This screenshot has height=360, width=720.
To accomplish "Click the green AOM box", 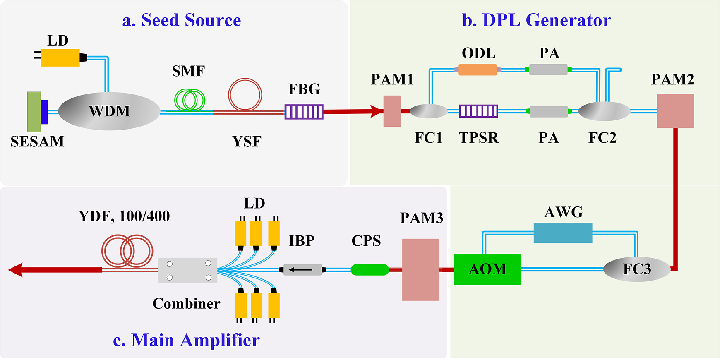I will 487,269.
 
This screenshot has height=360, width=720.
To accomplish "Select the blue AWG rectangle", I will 563,233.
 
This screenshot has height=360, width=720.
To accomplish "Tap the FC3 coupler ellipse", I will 636,269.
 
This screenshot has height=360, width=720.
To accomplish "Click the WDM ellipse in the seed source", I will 109,111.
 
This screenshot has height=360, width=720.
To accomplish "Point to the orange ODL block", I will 478,70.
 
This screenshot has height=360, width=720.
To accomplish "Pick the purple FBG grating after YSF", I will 304,111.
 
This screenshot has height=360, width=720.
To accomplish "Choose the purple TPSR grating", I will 478,111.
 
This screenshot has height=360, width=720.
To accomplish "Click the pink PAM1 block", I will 392,111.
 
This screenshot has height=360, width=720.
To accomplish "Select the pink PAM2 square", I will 675,111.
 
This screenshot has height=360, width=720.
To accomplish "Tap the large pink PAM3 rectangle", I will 420,269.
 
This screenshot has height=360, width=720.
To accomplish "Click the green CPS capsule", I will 370,270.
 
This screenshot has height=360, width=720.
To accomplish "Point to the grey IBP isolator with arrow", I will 302,270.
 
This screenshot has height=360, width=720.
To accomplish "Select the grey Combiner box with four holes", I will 187,270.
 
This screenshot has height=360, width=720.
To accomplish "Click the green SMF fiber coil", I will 190,100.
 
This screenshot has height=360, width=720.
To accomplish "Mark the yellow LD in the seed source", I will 60,58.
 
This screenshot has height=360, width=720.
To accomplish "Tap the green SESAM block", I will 34,112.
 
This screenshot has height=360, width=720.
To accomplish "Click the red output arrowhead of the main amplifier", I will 16,270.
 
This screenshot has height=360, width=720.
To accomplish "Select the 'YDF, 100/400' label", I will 124,216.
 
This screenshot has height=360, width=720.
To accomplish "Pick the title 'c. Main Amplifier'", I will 186,340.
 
